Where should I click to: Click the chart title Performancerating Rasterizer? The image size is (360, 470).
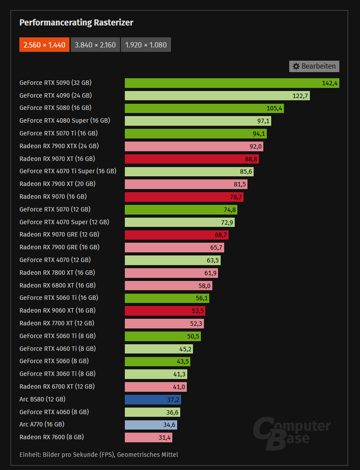point(76,22)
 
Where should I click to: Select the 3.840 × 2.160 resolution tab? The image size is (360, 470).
point(95,45)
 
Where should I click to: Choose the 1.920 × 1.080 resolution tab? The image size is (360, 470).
point(145,45)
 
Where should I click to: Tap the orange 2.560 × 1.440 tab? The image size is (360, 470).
point(44,45)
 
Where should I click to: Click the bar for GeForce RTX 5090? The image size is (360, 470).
point(232,83)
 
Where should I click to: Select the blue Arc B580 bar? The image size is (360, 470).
point(153,400)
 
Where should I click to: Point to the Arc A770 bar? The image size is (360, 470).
point(151,425)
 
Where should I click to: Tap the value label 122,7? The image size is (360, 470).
point(300,96)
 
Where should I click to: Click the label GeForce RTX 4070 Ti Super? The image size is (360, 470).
point(68,171)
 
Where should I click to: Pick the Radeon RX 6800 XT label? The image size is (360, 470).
point(58,285)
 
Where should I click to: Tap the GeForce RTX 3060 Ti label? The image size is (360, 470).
point(58,374)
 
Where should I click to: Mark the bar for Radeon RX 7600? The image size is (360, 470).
point(148,437)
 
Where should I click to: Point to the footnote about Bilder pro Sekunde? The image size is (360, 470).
point(99,455)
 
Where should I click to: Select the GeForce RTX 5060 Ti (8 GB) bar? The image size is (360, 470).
point(163,336)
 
